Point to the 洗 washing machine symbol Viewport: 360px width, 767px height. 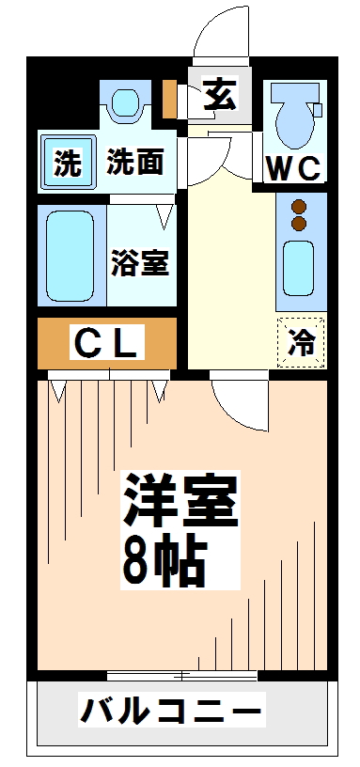[x=67, y=164]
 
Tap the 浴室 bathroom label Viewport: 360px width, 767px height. [x=140, y=262]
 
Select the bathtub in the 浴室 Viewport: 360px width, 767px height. [x=70, y=257]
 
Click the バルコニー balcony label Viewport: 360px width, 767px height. [x=170, y=710]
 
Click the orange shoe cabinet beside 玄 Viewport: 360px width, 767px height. [x=169, y=98]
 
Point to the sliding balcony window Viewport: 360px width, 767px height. [x=180, y=675]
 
